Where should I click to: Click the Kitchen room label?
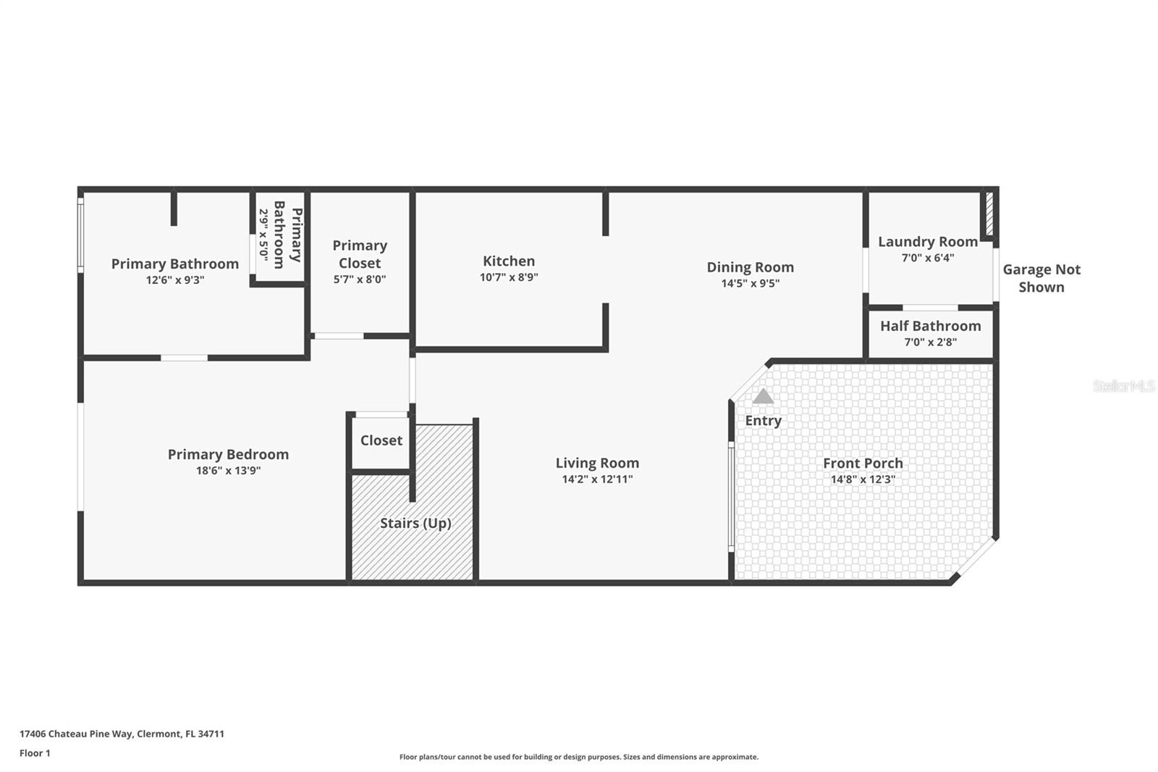509,261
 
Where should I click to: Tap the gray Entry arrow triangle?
763,396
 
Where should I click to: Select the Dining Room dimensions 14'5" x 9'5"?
750,283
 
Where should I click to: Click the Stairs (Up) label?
415,523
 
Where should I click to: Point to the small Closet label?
381,440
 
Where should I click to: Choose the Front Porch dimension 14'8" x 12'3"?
862,479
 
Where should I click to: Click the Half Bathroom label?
930,326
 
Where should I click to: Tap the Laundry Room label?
927,242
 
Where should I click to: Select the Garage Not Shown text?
1041,278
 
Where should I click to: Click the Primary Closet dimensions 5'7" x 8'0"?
360,280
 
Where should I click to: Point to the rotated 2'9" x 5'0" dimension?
263,235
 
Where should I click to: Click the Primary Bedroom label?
228,454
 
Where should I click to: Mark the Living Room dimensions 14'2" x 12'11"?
597,479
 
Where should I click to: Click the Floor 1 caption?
35,753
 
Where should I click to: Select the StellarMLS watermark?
1123,386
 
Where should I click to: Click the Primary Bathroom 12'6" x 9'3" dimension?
175,280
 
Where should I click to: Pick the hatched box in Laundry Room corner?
989,214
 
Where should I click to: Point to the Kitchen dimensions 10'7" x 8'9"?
509,277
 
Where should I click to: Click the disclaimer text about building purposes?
579,757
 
